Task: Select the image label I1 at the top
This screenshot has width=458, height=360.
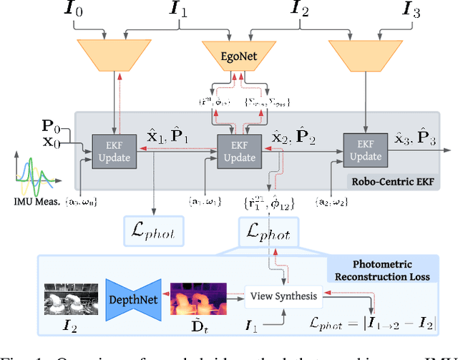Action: tap(177, 11)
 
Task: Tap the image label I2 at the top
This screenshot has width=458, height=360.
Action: tap(301, 11)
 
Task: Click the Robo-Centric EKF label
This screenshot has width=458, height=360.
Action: tap(401, 183)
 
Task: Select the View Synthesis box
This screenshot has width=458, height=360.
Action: tap(283, 294)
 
